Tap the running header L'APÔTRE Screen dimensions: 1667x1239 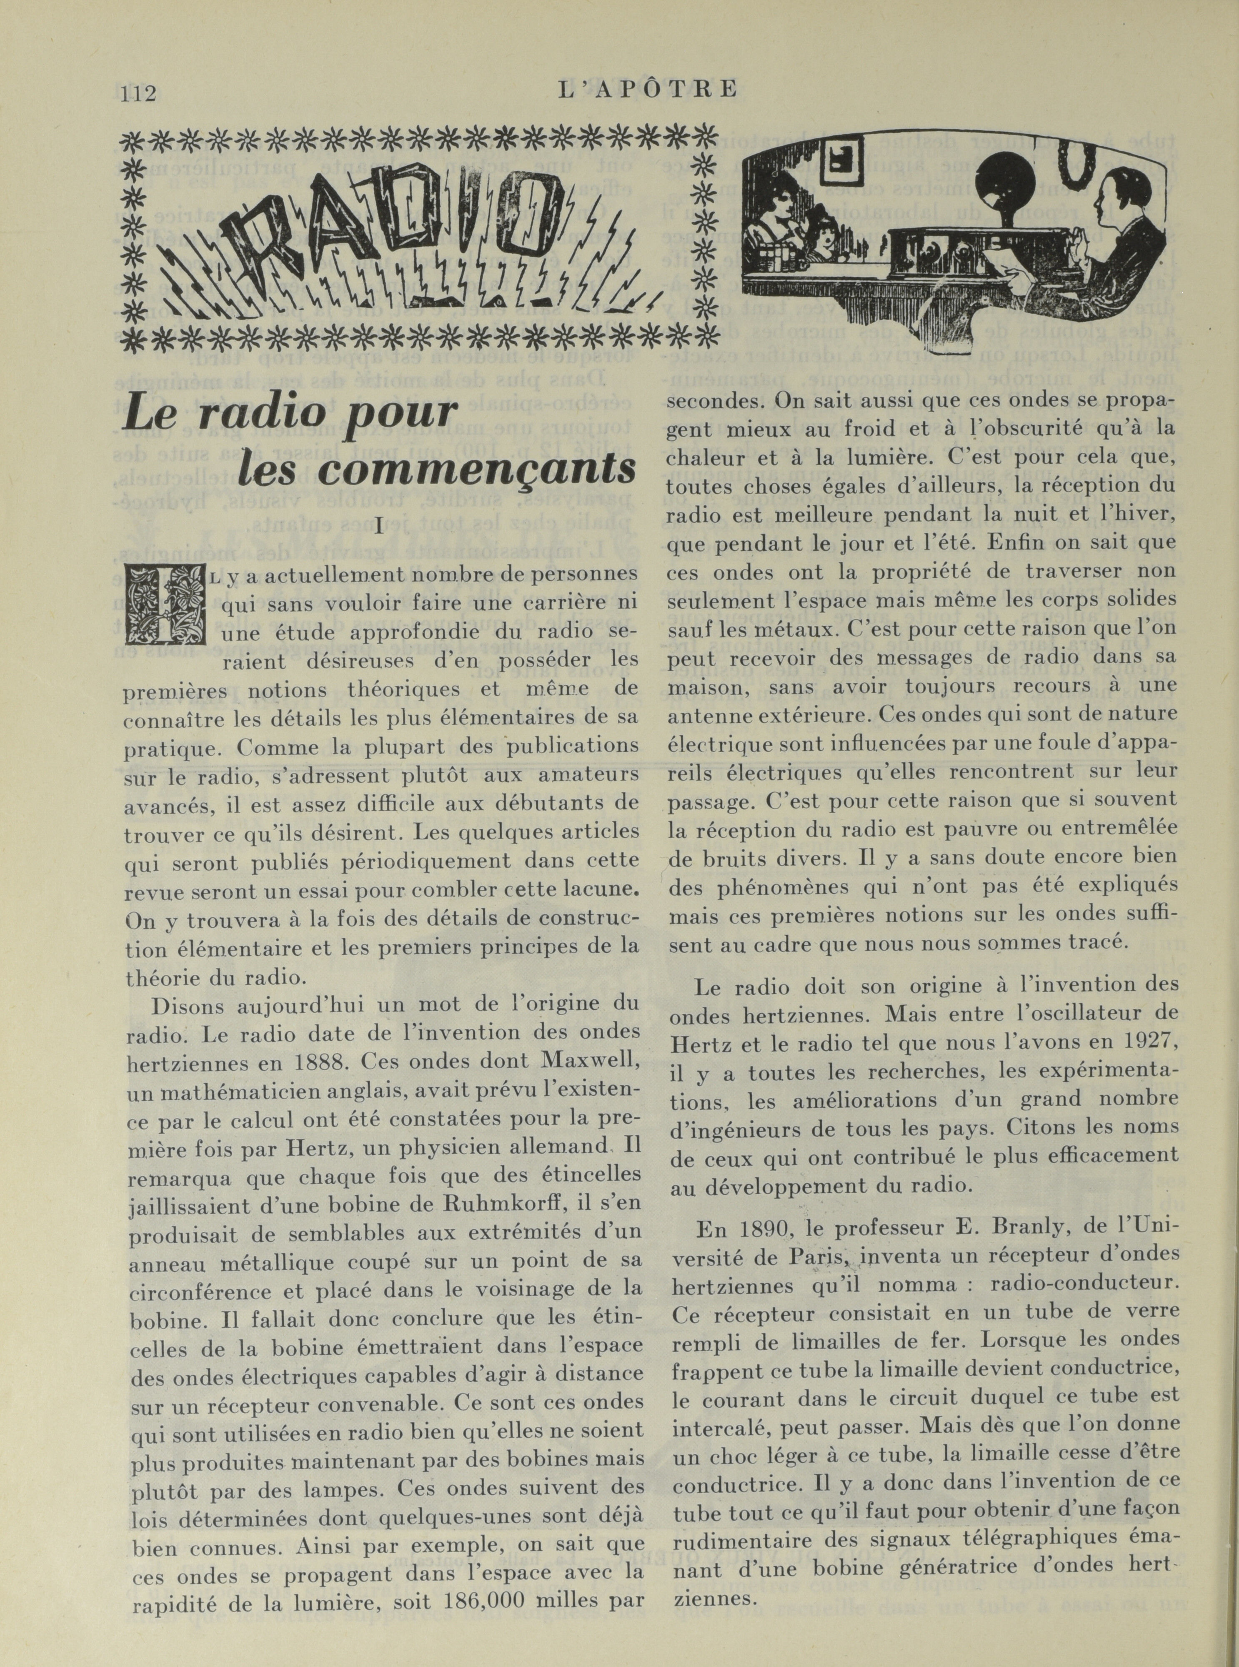coord(648,90)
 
